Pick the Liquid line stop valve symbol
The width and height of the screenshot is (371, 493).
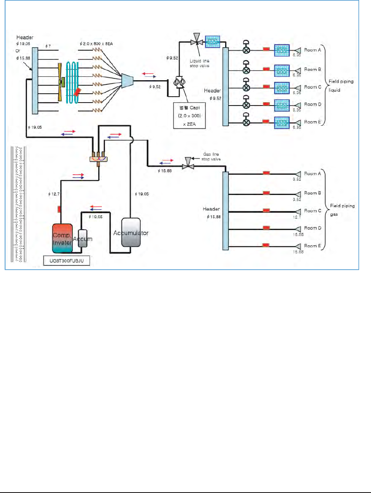pos(195,41)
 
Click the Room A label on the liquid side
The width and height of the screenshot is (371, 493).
pos(312,49)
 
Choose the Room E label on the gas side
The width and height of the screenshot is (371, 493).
pos(312,245)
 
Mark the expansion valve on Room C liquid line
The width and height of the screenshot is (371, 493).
pos(247,87)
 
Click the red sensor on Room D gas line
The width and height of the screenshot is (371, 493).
pos(266,228)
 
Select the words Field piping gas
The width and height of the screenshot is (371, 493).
pos(342,210)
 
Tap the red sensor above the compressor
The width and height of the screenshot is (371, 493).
pos(59,209)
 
